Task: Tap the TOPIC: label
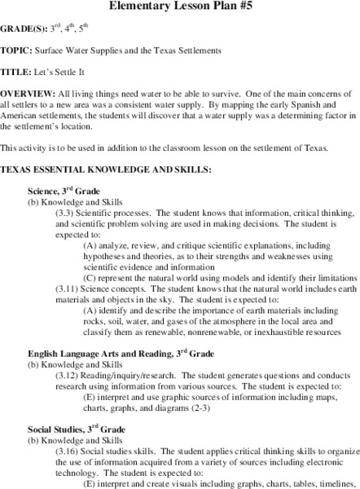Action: tap(15, 51)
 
